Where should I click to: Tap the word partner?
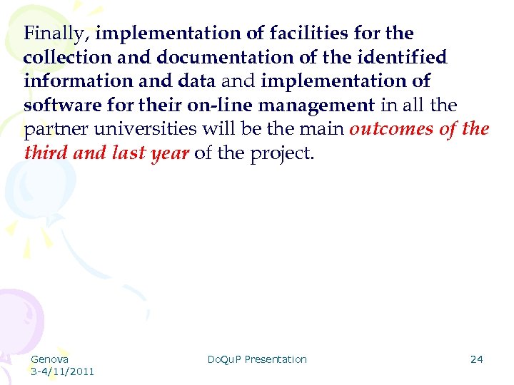(x=52, y=130)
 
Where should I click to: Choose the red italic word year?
(x=169, y=153)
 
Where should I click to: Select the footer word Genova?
(x=50, y=359)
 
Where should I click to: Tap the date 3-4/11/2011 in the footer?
(x=62, y=371)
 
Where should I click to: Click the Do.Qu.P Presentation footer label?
(x=257, y=359)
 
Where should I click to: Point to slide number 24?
(x=476, y=359)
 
